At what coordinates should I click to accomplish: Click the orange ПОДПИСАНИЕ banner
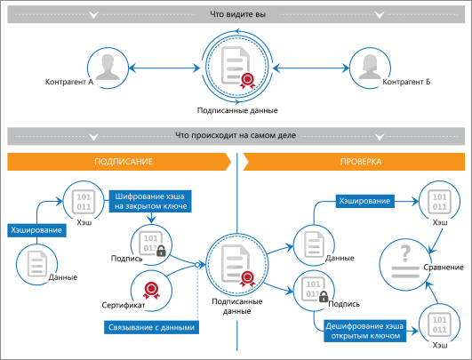(x=119, y=162)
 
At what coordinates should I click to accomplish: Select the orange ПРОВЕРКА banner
(x=354, y=162)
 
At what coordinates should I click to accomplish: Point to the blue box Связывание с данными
(x=151, y=327)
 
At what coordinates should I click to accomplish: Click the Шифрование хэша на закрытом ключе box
(x=150, y=201)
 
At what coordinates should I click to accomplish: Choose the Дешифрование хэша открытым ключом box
(x=364, y=331)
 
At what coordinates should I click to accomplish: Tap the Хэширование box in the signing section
(x=36, y=230)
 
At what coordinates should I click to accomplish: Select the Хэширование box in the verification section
(x=364, y=201)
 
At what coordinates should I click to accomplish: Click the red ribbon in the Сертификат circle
(x=151, y=291)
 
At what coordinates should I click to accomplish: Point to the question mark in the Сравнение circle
(x=405, y=253)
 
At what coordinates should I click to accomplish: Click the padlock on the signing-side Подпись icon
(x=161, y=251)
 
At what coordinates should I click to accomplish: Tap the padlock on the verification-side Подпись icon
(x=324, y=297)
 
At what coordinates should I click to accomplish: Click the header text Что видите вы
(x=238, y=14)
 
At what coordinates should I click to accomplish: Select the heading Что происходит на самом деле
(x=236, y=135)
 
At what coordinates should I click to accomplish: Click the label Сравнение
(x=444, y=268)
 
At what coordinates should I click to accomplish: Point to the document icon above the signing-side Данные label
(x=37, y=263)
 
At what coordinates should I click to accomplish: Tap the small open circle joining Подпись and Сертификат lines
(x=197, y=265)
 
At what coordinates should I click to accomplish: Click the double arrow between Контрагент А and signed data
(x=164, y=68)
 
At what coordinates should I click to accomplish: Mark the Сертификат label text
(x=124, y=305)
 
